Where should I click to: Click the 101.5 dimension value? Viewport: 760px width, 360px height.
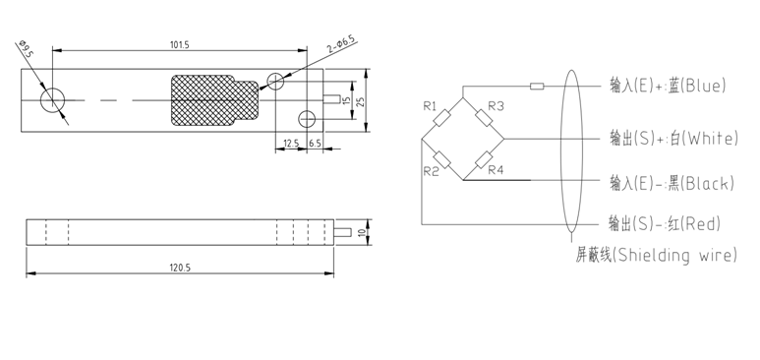click(179, 44)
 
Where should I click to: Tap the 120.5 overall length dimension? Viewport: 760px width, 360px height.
click(179, 268)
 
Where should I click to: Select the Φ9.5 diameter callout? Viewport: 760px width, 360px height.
click(26, 49)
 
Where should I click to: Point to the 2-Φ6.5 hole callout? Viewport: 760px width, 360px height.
click(341, 44)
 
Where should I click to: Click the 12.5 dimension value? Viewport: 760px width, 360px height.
click(291, 144)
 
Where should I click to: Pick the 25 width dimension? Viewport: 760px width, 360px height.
click(361, 100)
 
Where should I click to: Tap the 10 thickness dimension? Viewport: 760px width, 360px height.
click(361, 232)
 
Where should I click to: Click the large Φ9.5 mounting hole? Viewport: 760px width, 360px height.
click(52, 100)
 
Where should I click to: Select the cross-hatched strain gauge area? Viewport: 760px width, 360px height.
click(214, 100)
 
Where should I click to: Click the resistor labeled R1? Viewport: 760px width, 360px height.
click(441, 118)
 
